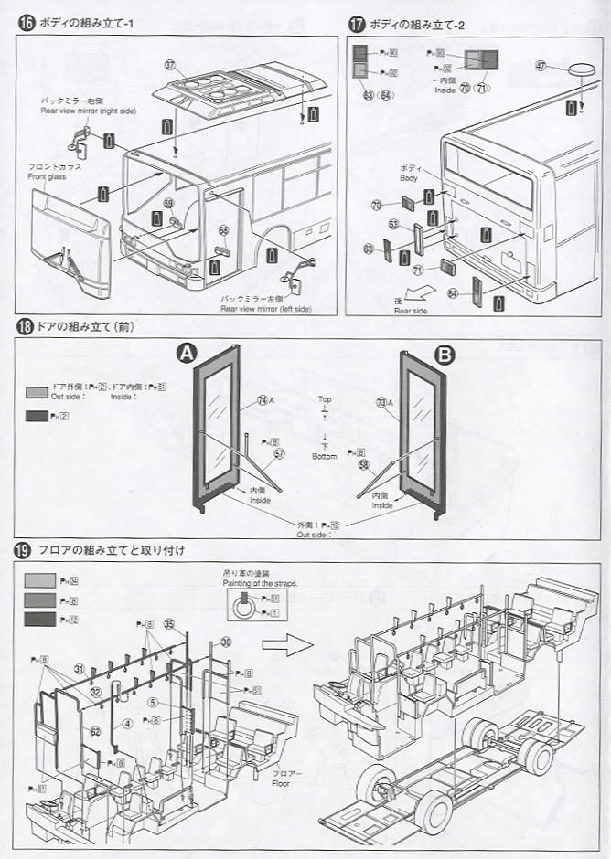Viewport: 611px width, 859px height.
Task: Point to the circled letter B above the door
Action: [445, 355]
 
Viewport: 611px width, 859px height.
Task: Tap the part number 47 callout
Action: [541, 66]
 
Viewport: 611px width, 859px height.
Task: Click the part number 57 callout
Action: [280, 453]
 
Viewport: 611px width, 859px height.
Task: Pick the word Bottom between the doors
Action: [325, 456]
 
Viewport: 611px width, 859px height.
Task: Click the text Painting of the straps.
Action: [260, 582]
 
